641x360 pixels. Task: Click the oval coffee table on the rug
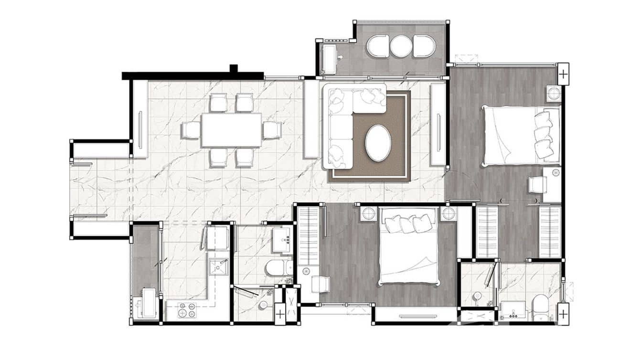click(378, 143)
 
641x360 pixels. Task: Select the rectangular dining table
click(232, 130)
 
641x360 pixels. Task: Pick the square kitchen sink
click(219, 267)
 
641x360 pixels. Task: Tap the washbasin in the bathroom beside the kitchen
click(282, 240)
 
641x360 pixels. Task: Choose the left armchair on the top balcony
click(377, 46)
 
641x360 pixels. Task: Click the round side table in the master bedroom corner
click(554, 93)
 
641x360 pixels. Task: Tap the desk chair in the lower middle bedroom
click(320, 285)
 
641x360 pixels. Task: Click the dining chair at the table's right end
click(272, 130)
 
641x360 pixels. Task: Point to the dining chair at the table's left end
click(191, 130)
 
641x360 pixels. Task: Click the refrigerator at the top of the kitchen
click(217, 237)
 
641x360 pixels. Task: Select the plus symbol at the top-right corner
click(563, 74)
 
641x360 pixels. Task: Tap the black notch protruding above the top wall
click(234, 68)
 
